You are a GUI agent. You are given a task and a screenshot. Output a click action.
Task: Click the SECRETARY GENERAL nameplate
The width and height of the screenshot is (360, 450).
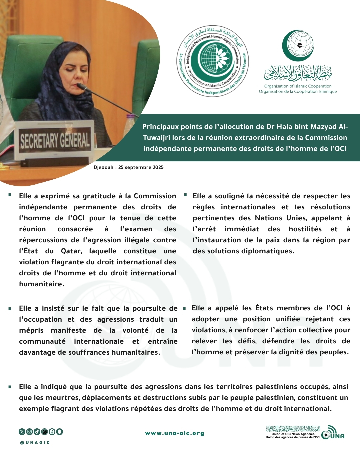click(55, 140)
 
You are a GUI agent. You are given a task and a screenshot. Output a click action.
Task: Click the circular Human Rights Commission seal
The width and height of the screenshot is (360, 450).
click(212, 61)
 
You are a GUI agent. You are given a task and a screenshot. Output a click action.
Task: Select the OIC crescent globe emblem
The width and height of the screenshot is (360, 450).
click(298, 46)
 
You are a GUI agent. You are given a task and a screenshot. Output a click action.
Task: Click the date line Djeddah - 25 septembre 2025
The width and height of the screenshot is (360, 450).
click(129, 167)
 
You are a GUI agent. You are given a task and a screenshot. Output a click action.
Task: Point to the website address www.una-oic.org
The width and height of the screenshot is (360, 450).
click(175, 433)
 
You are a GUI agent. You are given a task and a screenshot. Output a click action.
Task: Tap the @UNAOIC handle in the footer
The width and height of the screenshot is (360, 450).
click(35, 443)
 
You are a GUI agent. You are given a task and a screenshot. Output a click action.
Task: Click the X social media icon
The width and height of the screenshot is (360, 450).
click(22, 432)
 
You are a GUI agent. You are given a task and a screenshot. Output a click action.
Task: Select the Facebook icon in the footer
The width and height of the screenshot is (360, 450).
click(52, 432)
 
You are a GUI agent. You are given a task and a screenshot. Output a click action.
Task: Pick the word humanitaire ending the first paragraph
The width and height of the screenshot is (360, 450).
click(41, 284)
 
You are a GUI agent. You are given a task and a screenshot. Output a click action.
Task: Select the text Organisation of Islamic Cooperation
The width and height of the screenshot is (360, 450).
click(298, 86)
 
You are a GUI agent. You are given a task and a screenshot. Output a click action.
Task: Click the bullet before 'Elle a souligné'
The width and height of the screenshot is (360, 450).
click(185, 194)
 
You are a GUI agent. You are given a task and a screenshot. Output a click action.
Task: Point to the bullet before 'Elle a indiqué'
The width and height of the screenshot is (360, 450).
click(10, 387)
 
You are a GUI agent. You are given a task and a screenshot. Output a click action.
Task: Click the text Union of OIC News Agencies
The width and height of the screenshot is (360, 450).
click(293, 434)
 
